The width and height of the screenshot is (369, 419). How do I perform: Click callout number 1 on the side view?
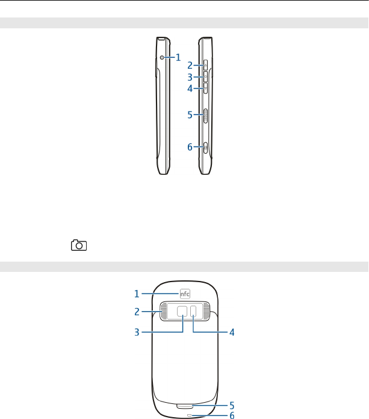point(178,57)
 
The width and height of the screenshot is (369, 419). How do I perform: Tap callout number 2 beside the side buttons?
point(190,66)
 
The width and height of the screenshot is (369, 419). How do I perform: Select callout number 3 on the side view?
point(190,77)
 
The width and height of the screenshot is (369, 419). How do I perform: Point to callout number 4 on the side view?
point(190,89)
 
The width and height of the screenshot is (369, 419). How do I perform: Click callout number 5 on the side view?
point(190,115)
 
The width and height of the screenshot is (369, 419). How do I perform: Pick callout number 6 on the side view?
point(190,147)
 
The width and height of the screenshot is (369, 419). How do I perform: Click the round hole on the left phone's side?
point(162,57)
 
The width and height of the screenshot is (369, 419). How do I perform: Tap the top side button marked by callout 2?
point(206,65)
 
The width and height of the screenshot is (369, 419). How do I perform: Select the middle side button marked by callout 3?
point(206,77)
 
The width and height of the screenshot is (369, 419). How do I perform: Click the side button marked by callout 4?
point(206,88)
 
